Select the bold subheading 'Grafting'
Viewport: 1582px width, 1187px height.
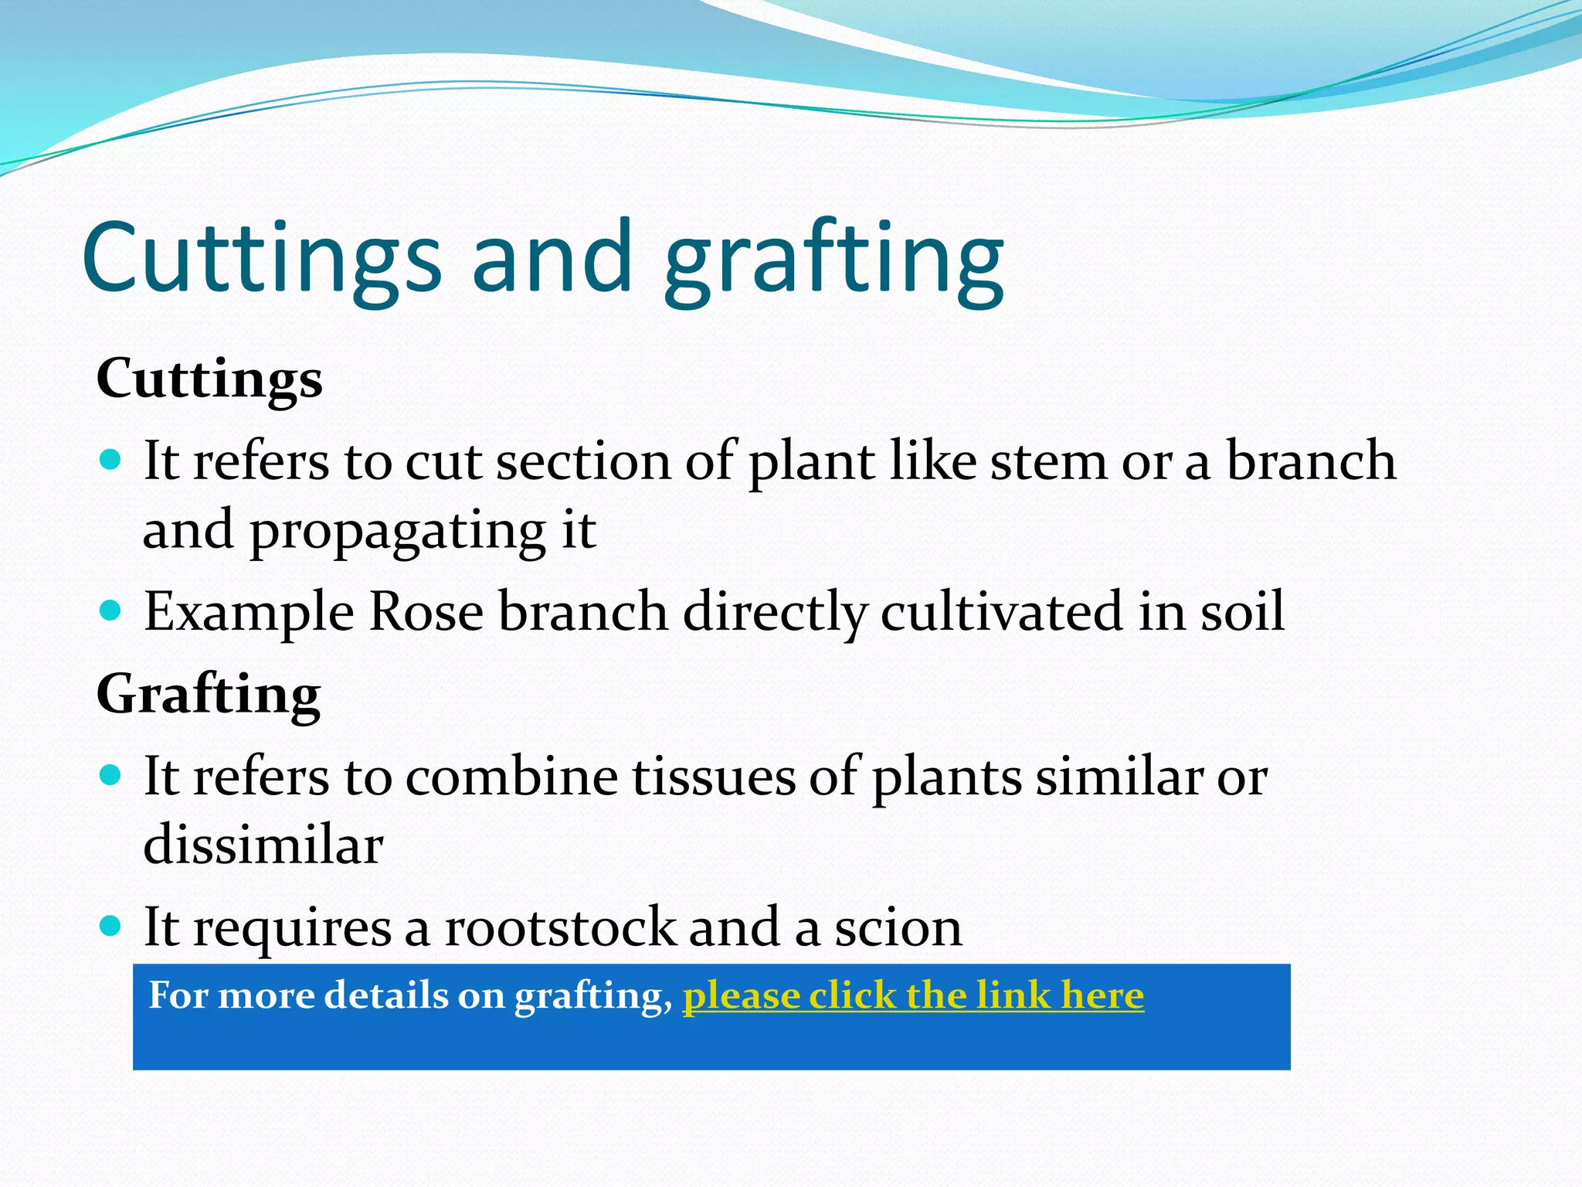[x=208, y=694]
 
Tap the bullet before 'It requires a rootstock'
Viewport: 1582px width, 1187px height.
[x=111, y=926]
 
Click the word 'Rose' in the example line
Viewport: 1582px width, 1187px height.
[x=426, y=612]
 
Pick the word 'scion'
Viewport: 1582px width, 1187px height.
[x=898, y=927]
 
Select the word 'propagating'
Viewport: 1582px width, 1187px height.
[x=398, y=532]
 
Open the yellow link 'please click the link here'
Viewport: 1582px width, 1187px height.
[x=913, y=995]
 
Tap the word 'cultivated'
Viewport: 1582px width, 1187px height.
[x=1001, y=612]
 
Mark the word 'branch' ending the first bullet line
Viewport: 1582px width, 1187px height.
[x=1311, y=461]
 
